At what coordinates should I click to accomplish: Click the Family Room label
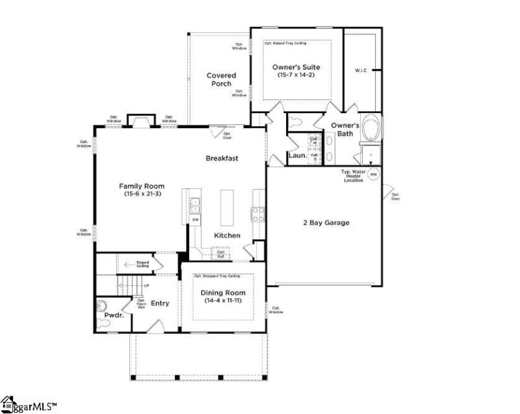[x=141, y=186]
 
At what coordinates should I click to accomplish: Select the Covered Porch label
[x=221, y=79]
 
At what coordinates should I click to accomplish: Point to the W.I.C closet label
[x=361, y=70]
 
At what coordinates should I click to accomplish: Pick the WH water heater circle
[x=373, y=174]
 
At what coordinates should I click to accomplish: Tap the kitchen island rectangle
[x=227, y=207]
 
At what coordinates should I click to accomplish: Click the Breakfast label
[x=222, y=158]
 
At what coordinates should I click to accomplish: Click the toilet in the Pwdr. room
[x=101, y=306]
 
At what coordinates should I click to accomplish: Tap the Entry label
[x=160, y=303]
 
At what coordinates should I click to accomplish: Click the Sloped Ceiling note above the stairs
[x=142, y=264]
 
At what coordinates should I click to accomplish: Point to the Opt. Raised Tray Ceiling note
[x=285, y=43]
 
